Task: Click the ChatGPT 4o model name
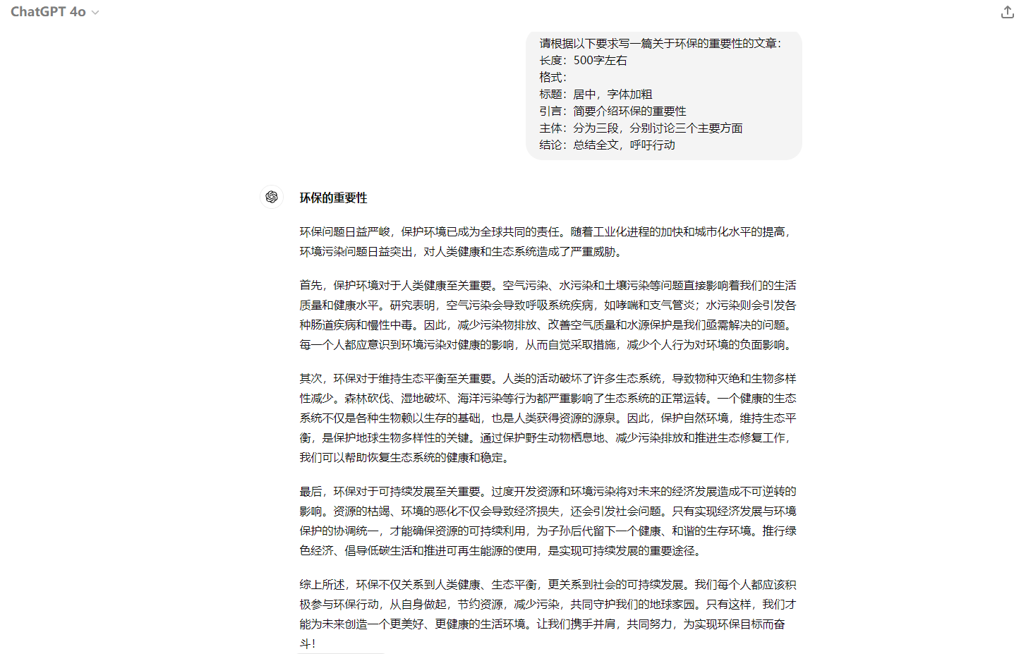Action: [x=48, y=12]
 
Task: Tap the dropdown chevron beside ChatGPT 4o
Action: [x=95, y=13]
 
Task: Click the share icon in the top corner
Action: [x=1007, y=12]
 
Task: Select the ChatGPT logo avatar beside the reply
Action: [x=272, y=197]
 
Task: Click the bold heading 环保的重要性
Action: [x=333, y=198]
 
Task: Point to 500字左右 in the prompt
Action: [x=600, y=61]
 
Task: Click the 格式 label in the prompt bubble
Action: [x=551, y=78]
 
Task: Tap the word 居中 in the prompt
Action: [x=584, y=95]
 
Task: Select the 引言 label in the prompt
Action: [x=551, y=111]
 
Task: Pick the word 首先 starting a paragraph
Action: [x=310, y=286]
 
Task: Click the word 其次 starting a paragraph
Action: [x=310, y=379]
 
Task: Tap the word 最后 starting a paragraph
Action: [x=310, y=492]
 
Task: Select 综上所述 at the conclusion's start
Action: [x=322, y=585]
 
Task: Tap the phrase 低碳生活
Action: [x=401, y=551]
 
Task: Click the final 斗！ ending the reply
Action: [x=308, y=643]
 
